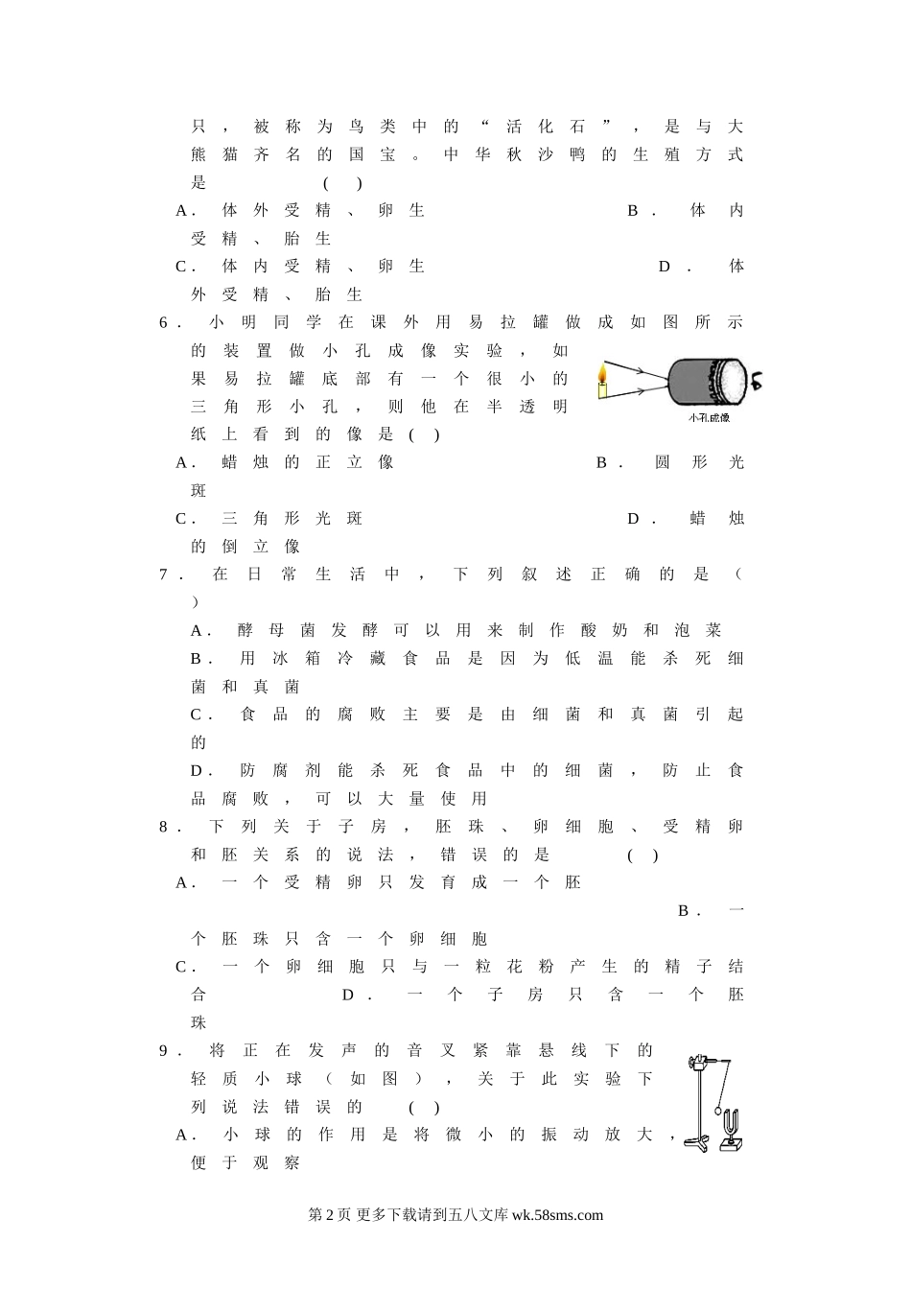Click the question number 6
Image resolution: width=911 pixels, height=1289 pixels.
(x=163, y=323)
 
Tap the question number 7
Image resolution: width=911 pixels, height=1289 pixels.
(x=163, y=574)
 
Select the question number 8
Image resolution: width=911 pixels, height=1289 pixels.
(x=163, y=827)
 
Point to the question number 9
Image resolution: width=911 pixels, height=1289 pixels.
(x=163, y=1051)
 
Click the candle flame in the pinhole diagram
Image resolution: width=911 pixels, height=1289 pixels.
(x=602, y=373)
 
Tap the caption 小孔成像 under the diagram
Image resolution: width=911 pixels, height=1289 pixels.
(x=709, y=418)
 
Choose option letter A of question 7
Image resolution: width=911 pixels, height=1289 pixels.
(x=197, y=631)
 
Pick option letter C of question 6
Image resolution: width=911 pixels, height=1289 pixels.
(x=180, y=519)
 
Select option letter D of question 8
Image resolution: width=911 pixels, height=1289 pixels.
(x=347, y=995)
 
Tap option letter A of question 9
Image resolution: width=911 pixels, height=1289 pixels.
(x=181, y=1135)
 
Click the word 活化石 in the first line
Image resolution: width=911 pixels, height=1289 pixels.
(x=545, y=127)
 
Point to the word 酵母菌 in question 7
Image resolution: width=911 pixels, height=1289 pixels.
(x=276, y=631)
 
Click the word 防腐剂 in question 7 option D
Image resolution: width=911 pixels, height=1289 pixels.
(x=280, y=770)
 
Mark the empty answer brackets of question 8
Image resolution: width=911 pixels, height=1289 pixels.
(x=642, y=855)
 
